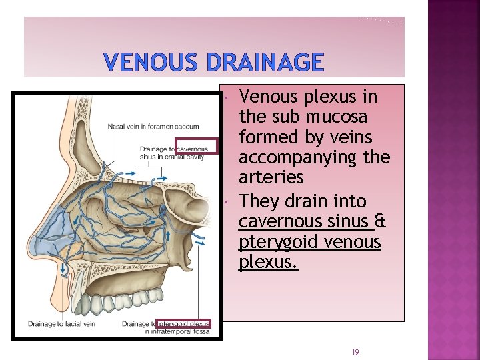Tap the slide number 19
point(355,351)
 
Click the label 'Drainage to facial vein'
point(61,324)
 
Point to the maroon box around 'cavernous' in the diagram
point(197,145)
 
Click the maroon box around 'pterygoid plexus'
point(183,324)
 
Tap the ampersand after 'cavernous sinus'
point(380,221)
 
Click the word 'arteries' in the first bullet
point(271,178)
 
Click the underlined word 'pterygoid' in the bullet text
point(279,241)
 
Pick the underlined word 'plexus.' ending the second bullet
point(268,262)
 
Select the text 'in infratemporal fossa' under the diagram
point(177,331)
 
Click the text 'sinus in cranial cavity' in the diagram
point(172,157)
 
